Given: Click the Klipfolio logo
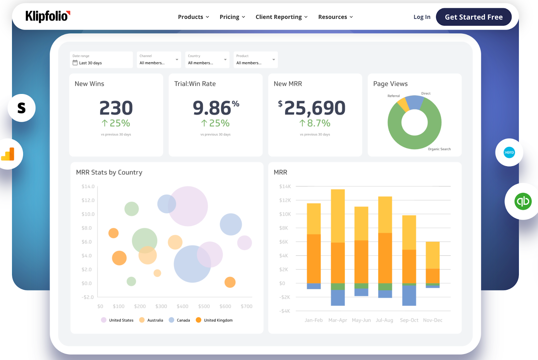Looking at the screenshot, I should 47,16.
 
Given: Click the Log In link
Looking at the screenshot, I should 422,17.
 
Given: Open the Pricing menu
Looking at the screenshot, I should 232,17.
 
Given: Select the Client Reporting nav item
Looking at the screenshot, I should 281,17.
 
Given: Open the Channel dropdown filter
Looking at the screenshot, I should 159,60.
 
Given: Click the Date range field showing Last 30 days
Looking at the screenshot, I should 101,60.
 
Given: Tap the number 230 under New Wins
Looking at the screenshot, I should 116,108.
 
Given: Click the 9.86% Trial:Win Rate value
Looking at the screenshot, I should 215,108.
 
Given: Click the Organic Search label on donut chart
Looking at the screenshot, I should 439,149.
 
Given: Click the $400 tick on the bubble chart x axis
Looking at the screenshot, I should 182,307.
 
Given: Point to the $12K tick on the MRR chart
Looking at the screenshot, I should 285,200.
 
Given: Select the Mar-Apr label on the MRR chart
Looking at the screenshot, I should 338,320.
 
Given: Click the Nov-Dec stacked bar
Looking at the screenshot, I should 432,262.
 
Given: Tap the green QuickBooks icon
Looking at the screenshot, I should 523,202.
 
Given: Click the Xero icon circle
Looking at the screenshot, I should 509,152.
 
